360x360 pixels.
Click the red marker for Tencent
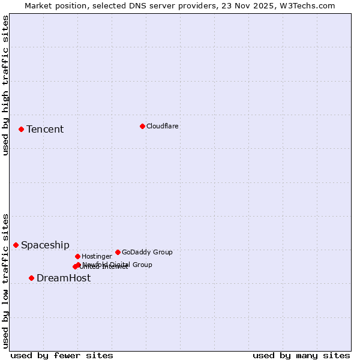coord(21,129)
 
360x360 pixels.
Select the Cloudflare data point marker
coord(142,126)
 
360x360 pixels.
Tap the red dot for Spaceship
coord(16,245)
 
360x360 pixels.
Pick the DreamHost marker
coord(31,278)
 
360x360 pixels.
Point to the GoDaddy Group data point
coord(118,252)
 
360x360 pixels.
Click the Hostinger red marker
coord(77,256)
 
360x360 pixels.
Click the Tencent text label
coord(45,130)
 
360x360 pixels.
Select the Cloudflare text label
coord(163,126)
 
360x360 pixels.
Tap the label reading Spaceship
coord(45,245)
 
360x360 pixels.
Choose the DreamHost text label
coord(64,278)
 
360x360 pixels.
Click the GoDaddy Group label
coord(147,252)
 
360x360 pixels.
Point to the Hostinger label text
coord(97,256)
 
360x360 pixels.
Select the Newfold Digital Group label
coord(118,264)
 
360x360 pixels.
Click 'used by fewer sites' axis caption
coord(62,355)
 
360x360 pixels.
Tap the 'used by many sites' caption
coord(301,355)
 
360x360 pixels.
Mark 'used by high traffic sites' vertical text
coord(5,85)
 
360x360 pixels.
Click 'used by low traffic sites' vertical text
coord(5,280)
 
